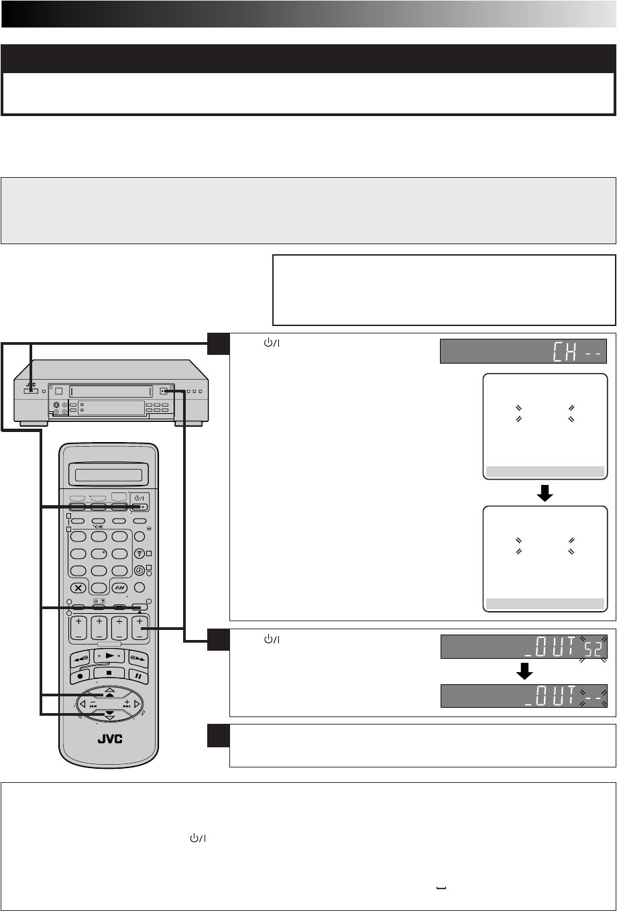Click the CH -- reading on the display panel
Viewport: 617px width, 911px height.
tap(579, 351)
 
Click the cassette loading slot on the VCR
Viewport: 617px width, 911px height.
tap(107, 390)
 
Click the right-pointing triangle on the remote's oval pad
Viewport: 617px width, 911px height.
tap(137, 705)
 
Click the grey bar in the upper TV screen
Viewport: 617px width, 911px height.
tap(545, 471)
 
